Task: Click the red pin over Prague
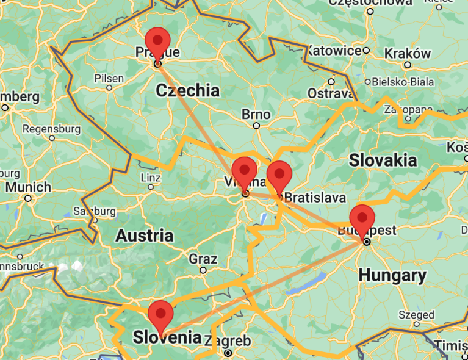[x=158, y=40]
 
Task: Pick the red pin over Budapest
[x=362, y=218]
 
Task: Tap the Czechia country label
[x=187, y=91]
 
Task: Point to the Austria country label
[x=145, y=236]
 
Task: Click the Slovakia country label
[x=383, y=160]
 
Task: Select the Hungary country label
[x=392, y=275]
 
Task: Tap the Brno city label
[x=256, y=114]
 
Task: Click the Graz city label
[x=203, y=259]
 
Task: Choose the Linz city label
[x=150, y=177]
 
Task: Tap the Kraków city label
[x=408, y=54]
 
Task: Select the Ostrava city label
[x=330, y=93]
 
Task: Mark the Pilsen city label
[x=109, y=78]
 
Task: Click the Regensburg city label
[x=51, y=129]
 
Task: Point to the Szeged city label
[x=416, y=315]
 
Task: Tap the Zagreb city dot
[x=228, y=353]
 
